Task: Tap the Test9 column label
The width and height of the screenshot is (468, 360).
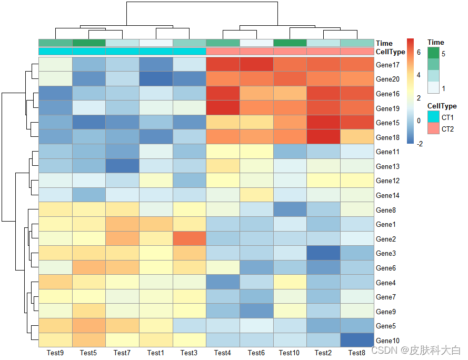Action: pyautogui.click(x=55, y=353)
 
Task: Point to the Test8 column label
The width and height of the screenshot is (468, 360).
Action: pyautogui.click(x=356, y=353)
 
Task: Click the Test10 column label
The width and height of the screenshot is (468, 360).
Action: pyautogui.click(x=290, y=353)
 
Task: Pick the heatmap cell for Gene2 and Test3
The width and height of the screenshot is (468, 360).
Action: pyautogui.click(x=189, y=239)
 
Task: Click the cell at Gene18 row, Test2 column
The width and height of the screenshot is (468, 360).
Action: pyautogui.click(x=323, y=137)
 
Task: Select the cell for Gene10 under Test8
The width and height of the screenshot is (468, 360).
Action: pyautogui.click(x=356, y=340)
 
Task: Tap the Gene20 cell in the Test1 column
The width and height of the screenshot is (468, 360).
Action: pyautogui.click(x=156, y=79)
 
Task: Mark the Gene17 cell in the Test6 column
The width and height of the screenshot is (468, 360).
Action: pyautogui.click(x=256, y=65)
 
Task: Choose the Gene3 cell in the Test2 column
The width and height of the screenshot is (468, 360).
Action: pyautogui.click(x=323, y=253)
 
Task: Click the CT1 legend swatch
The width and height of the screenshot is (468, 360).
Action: pyautogui.click(x=433, y=117)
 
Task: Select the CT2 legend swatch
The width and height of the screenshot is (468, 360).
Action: pyautogui.click(x=433, y=128)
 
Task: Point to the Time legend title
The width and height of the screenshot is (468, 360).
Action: pyautogui.click(x=436, y=42)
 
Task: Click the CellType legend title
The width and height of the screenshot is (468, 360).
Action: pyautogui.click(x=442, y=106)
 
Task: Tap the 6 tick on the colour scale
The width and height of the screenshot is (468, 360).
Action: pyautogui.click(x=418, y=53)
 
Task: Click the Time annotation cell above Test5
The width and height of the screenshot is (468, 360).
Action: pyautogui.click(x=88, y=43)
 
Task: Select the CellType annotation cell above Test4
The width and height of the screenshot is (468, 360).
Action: pyautogui.click(x=223, y=52)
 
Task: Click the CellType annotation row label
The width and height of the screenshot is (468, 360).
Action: pyautogui.click(x=391, y=52)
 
